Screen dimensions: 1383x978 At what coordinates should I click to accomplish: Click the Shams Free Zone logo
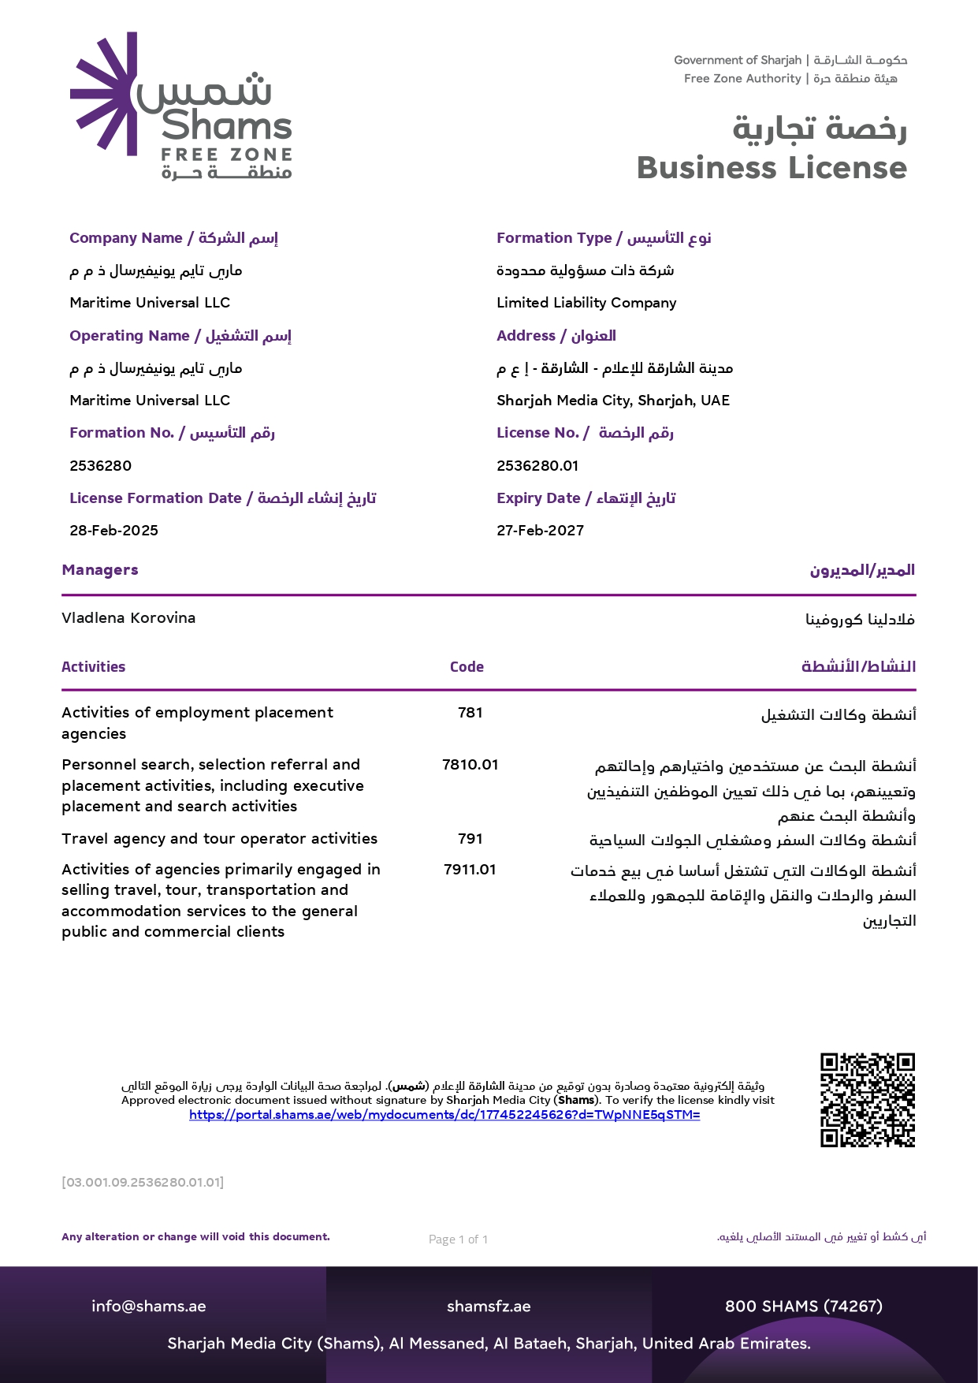(x=181, y=106)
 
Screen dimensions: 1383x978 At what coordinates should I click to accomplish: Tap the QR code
(x=867, y=1099)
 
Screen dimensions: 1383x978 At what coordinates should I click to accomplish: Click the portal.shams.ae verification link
(x=444, y=1115)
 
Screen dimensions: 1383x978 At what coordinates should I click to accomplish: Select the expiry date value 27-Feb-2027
(x=540, y=531)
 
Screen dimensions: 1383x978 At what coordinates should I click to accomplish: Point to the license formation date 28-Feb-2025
(x=113, y=531)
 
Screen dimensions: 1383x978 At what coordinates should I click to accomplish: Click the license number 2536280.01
(x=537, y=466)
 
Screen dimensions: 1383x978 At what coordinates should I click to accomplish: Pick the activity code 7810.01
(x=470, y=765)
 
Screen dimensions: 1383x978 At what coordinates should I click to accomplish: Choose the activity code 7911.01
(x=470, y=870)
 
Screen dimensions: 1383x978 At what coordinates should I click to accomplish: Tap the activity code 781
(x=470, y=713)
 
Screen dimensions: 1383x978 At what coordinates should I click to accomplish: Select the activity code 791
(x=470, y=839)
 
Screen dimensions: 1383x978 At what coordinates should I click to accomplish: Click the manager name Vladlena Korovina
(x=128, y=618)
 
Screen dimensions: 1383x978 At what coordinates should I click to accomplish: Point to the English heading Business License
(x=772, y=168)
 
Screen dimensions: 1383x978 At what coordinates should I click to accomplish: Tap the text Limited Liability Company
(x=586, y=303)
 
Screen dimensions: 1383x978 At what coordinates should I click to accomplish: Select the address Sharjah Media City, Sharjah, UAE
(x=613, y=401)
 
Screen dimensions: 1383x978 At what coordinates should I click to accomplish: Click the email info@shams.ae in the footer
(x=148, y=1307)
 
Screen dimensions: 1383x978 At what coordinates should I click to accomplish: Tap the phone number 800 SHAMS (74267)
(x=803, y=1307)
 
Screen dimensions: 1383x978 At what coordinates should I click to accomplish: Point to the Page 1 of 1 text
(x=458, y=1239)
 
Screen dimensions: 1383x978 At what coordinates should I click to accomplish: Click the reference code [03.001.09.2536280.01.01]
(x=143, y=1183)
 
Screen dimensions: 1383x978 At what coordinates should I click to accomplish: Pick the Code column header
(x=467, y=667)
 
